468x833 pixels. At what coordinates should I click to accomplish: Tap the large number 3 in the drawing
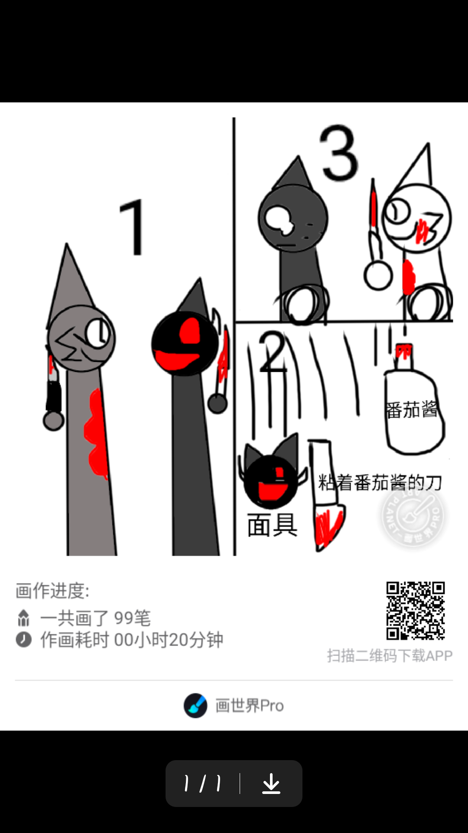(x=339, y=153)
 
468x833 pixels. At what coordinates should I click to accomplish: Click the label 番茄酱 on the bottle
(x=412, y=410)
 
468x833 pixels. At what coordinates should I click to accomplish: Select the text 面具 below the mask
(x=272, y=525)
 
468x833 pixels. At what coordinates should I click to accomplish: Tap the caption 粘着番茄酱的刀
(x=380, y=482)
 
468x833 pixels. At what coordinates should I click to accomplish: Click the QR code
(x=416, y=610)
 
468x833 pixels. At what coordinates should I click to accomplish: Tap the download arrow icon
(x=271, y=784)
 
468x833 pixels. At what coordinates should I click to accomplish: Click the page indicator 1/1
(x=202, y=784)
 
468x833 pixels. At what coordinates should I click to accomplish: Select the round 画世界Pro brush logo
(x=195, y=705)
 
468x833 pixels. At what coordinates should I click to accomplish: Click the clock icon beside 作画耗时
(x=24, y=640)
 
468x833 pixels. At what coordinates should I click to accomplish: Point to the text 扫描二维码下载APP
(x=390, y=656)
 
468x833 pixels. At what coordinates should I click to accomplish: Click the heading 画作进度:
(x=52, y=590)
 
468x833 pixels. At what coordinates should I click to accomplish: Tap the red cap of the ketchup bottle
(x=404, y=351)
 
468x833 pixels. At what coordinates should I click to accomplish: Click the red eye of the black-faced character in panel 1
(x=190, y=331)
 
